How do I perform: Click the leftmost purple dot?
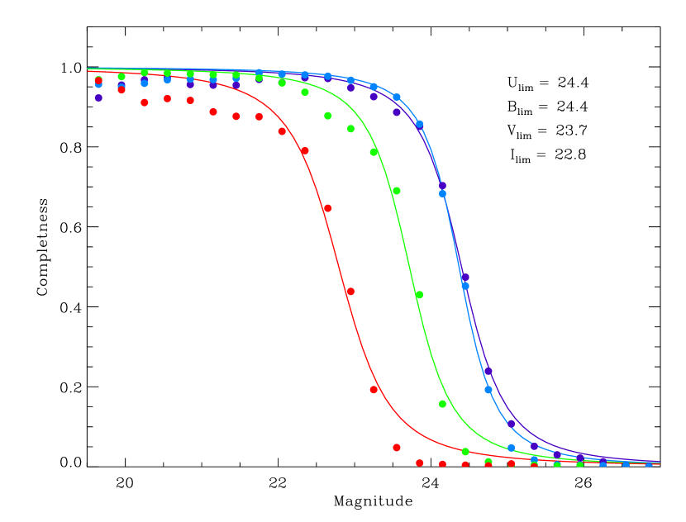(x=98, y=97)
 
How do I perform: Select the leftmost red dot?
(x=98, y=81)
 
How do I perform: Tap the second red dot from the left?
(x=121, y=89)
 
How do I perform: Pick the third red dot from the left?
(x=145, y=102)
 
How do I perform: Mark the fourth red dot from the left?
(x=167, y=98)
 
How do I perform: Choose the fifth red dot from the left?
(x=190, y=100)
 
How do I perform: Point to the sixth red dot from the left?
(x=213, y=112)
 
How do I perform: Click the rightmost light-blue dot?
(x=649, y=464)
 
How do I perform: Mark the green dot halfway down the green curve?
(x=419, y=295)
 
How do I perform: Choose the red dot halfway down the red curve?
(x=350, y=292)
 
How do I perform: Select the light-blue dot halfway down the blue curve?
(x=465, y=286)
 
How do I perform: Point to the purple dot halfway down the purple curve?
(x=465, y=277)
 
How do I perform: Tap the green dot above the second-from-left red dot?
(x=121, y=77)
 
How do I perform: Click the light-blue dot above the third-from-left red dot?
(x=145, y=83)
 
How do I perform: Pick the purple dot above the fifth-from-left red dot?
(x=190, y=84)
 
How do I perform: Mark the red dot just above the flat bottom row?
(x=397, y=448)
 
